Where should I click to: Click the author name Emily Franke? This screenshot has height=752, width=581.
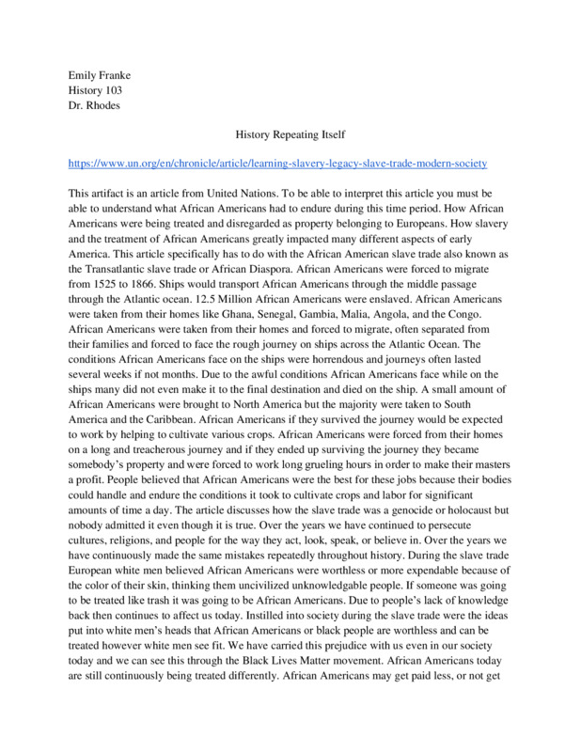[x=102, y=73]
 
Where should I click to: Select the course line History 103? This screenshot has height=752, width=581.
[x=98, y=89]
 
